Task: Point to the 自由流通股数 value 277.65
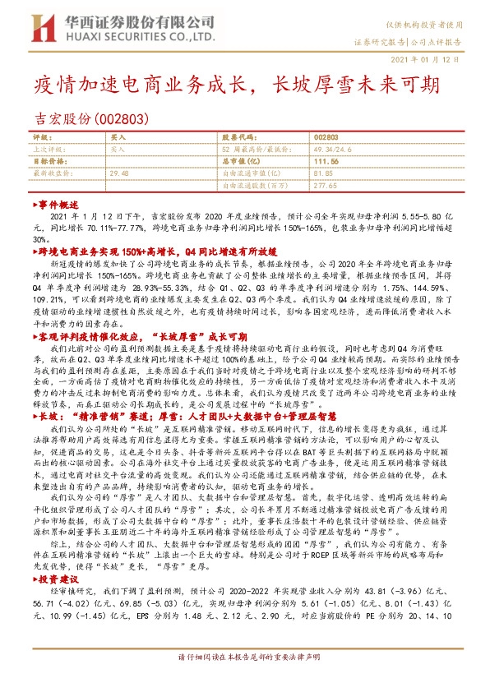pyautogui.click(x=326, y=186)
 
